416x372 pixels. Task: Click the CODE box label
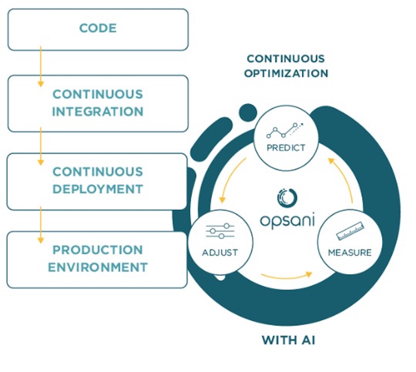click(98, 28)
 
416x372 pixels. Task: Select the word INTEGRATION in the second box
click(98, 112)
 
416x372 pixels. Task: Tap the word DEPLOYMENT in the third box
click(98, 189)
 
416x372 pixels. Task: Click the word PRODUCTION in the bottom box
click(98, 250)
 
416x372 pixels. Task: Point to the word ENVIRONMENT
click(98, 267)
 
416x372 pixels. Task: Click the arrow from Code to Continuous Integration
click(41, 66)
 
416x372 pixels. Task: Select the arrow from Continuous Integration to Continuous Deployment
click(41, 146)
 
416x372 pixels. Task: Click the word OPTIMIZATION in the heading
click(286, 73)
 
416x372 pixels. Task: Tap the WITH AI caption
click(288, 340)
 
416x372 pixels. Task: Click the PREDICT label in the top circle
click(286, 148)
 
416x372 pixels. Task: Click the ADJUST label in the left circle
click(220, 252)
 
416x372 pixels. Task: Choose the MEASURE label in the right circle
click(349, 252)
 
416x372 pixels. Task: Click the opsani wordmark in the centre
click(287, 220)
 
